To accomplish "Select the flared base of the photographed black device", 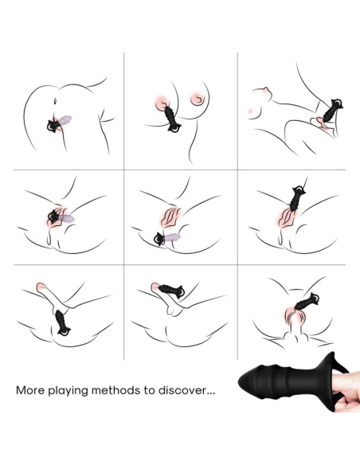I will click(x=313, y=390).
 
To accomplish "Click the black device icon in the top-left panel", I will click(x=57, y=121).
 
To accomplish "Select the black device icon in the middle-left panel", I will click(x=57, y=215).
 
